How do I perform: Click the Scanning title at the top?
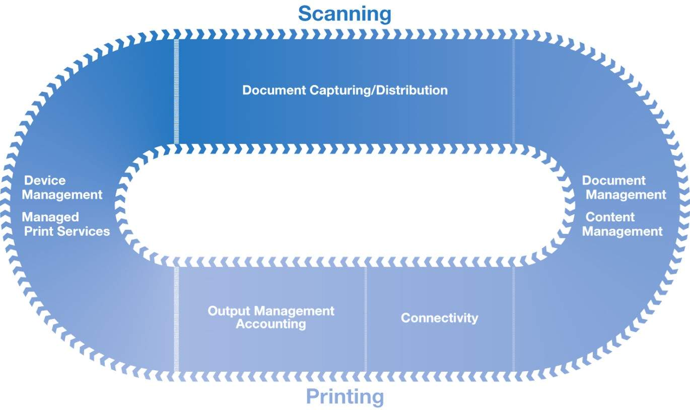pos(344,14)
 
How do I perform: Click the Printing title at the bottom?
pos(344,397)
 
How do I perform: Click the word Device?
pos(45,181)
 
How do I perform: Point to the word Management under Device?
pos(62,195)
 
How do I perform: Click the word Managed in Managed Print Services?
pos(50,217)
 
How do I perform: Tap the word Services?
pos(87,231)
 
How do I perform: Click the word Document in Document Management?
pos(614,181)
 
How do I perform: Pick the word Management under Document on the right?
pos(626,195)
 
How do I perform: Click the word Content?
pos(610,217)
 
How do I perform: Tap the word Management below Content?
pos(623,231)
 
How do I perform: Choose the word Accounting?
pos(271,324)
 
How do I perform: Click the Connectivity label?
pos(439,318)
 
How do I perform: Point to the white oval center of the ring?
pos(344,206)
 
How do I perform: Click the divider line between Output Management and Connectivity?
pos(366,319)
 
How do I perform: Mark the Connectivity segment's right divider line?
pos(514,319)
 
